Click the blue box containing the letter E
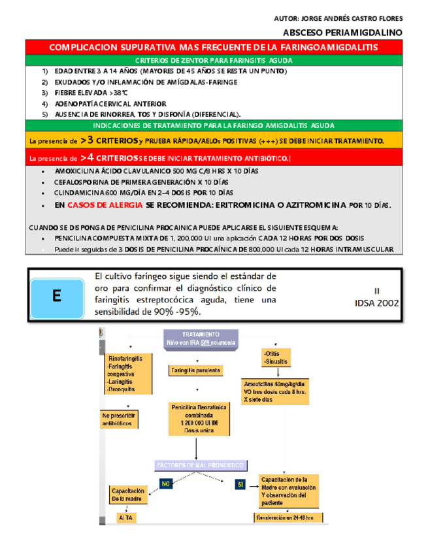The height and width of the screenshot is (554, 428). click(57, 295)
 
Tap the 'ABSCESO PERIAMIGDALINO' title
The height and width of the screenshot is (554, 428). click(343, 31)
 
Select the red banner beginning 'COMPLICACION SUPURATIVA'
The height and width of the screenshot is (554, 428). click(213, 48)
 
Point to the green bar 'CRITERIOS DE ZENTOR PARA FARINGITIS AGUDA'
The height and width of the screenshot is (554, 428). click(213, 60)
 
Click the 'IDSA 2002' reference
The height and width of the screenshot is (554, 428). click(376, 303)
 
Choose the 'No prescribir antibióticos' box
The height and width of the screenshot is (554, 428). click(120, 418)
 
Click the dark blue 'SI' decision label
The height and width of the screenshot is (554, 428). click(240, 484)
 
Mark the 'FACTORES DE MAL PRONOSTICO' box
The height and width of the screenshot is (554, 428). click(200, 465)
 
